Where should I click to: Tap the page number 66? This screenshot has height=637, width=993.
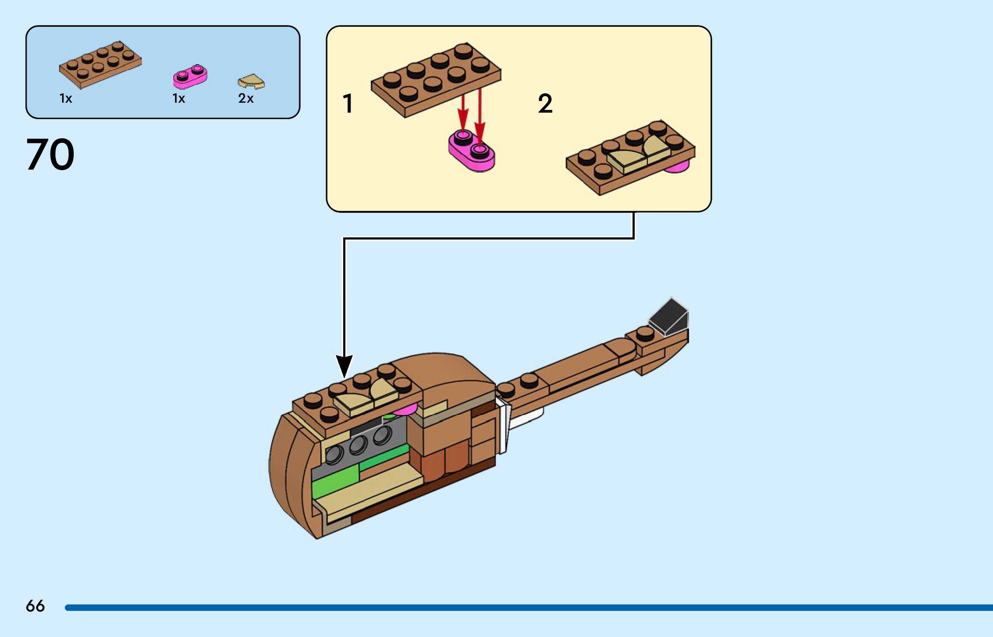tap(35, 606)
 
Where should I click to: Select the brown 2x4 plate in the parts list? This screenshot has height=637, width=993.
tap(100, 65)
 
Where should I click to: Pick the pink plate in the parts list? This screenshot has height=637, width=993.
tap(190, 76)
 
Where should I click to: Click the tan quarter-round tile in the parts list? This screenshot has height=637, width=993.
tap(251, 81)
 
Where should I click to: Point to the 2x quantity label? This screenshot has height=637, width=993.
tap(246, 98)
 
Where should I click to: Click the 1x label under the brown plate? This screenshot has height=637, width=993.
tap(66, 99)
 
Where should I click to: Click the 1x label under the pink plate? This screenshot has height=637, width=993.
tap(179, 99)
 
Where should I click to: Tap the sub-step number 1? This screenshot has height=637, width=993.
tap(348, 104)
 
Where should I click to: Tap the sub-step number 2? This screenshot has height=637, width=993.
tap(545, 104)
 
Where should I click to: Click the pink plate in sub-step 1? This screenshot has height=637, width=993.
tap(472, 152)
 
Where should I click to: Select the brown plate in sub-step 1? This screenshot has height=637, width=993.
tap(435, 79)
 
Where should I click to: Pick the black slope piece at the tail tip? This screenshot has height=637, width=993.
tap(669, 317)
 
